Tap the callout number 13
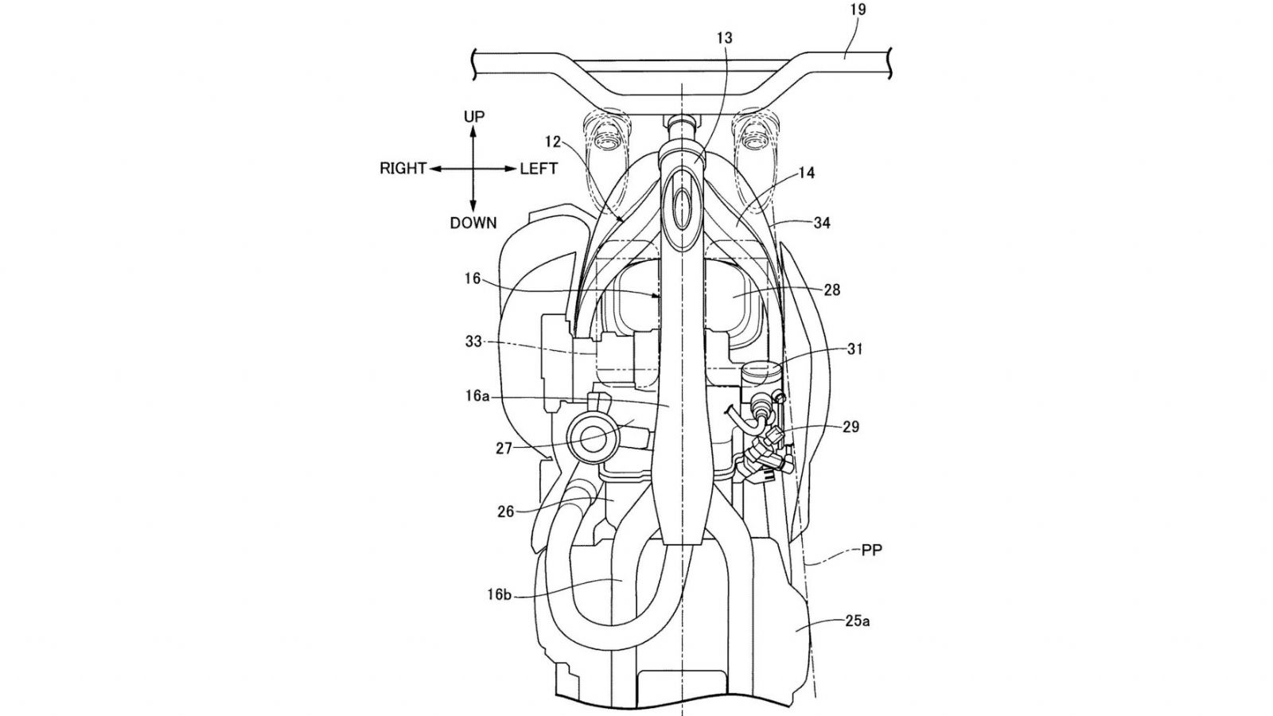point(724,38)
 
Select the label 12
point(553,142)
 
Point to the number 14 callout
point(806,173)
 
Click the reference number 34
point(822,224)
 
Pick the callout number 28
point(831,290)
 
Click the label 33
point(473,342)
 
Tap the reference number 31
point(855,349)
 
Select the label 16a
point(477,396)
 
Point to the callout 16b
point(500,595)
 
